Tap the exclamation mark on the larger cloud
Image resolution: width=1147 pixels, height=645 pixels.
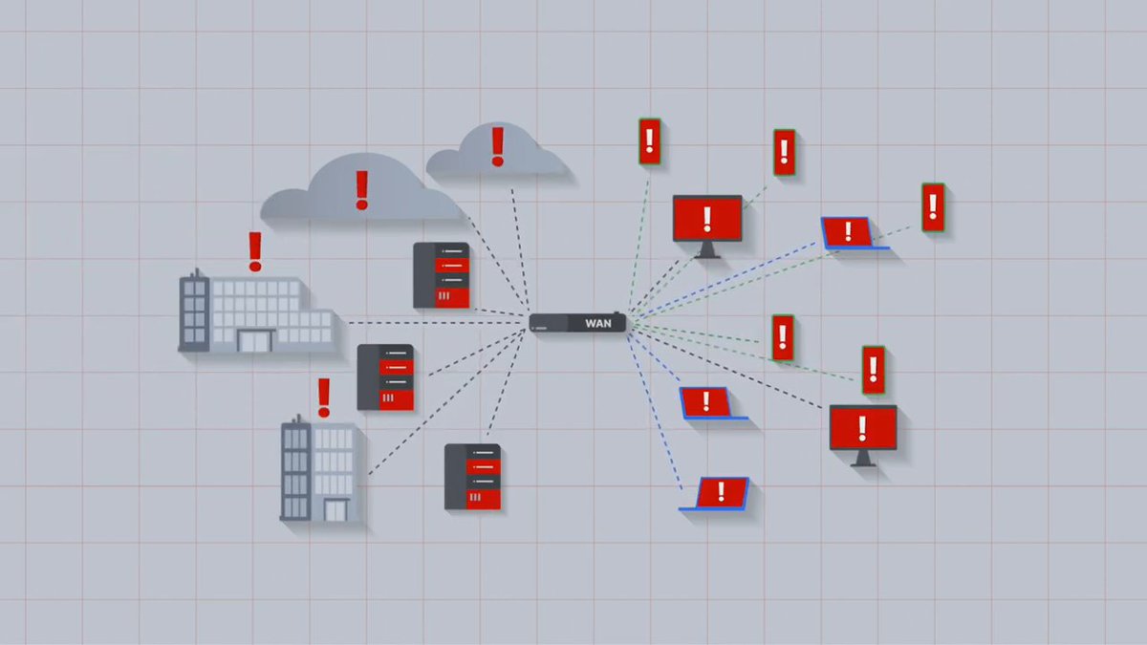[361, 189]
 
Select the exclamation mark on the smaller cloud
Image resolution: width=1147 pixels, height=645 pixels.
[497, 146]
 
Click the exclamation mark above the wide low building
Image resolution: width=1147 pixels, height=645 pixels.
[254, 249]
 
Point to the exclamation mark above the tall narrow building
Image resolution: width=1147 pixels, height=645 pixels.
[324, 397]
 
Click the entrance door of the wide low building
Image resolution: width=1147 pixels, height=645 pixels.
[255, 340]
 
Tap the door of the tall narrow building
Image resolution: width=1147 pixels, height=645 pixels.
[335, 510]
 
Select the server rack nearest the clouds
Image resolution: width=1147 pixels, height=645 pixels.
[442, 275]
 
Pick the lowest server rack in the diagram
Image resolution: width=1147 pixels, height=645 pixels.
[473, 476]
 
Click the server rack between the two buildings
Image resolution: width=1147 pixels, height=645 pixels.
[385, 377]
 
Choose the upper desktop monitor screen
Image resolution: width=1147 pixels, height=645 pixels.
[707, 219]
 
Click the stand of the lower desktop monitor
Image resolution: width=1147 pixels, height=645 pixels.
[863, 458]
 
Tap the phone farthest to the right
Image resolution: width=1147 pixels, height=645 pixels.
[933, 207]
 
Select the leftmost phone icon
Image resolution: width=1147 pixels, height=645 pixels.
[650, 141]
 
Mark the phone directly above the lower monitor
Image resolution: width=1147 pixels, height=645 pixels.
[873, 370]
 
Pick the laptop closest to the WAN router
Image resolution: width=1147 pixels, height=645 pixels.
[706, 402]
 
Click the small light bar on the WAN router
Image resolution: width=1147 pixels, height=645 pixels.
[542, 328]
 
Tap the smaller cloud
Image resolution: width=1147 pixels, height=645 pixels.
[497, 155]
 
